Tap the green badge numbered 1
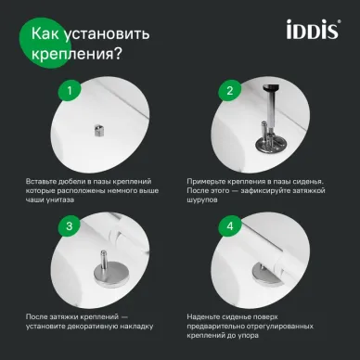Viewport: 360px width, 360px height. [65, 91]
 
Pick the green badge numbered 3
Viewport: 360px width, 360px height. [65, 226]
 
